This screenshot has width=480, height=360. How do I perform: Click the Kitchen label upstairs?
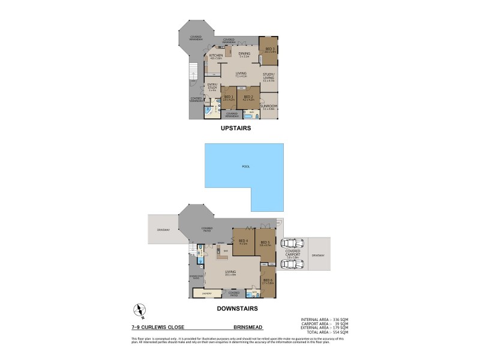tap(216, 56)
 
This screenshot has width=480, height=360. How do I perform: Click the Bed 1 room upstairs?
tap(228, 98)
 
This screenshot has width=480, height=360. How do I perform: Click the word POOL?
tap(245, 166)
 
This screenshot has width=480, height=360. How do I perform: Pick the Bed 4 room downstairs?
tap(243, 242)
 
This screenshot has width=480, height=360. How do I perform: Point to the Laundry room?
tap(206, 293)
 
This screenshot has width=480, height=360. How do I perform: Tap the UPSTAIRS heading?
tap(235, 128)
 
